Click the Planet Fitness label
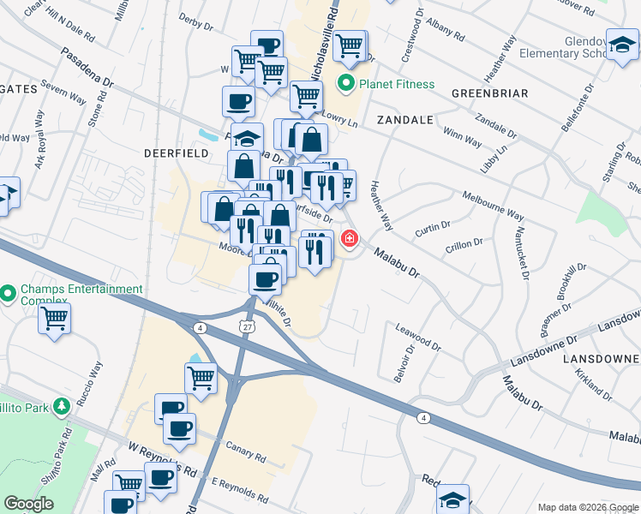tap(397, 84)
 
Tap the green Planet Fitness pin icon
tap(347, 84)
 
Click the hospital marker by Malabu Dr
tap(350, 239)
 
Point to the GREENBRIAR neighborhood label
tap(489, 93)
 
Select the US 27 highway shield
tap(246, 327)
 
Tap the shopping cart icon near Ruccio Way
tap(55, 319)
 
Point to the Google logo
tap(28, 504)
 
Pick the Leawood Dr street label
tap(417, 338)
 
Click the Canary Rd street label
tap(246, 450)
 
